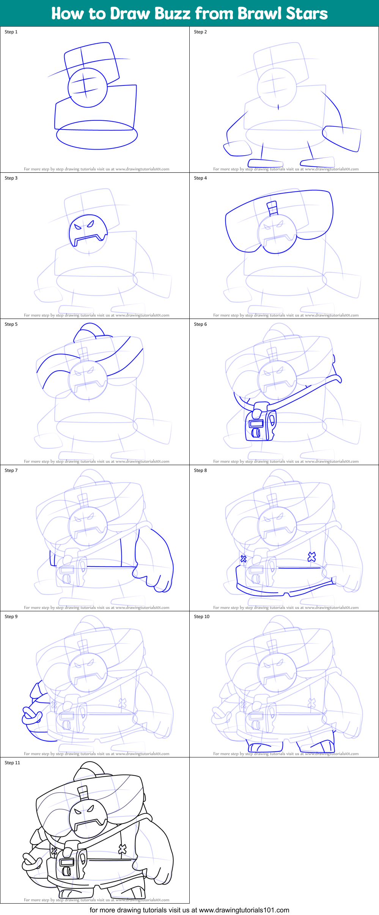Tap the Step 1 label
(11, 32)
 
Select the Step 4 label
(200, 178)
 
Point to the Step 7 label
(11, 470)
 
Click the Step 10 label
(201, 617)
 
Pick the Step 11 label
(12, 763)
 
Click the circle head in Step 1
(87, 88)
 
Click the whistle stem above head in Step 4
(272, 209)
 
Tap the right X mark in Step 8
(311, 557)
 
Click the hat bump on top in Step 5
(89, 331)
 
